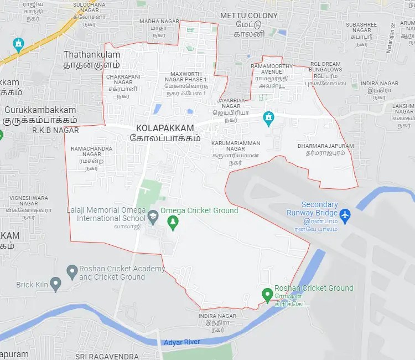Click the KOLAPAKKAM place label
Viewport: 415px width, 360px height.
(x=165, y=128)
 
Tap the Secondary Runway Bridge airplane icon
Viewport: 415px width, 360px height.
(x=345, y=214)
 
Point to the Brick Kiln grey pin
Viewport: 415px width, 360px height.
(x=55, y=285)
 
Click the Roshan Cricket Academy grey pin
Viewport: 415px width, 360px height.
(x=71, y=272)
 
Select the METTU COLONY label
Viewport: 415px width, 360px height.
(x=248, y=16)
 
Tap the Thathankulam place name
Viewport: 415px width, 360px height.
(x=92, y=55)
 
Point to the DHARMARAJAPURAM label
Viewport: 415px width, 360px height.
(x=325, y=146)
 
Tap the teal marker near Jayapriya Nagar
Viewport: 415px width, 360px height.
(x=269, y=118)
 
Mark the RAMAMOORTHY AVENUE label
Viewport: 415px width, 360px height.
(x=272, y=69)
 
